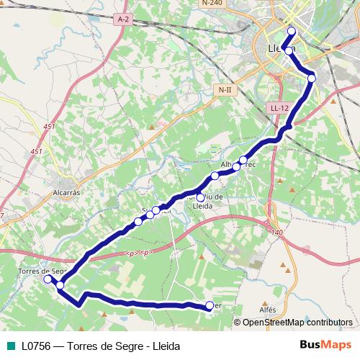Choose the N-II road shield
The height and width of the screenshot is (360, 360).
coord(225,89)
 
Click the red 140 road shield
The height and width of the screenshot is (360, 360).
coord(278,232)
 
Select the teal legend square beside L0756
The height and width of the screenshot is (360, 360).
coord(9,346)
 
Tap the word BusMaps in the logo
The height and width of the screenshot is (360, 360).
coord(320,345)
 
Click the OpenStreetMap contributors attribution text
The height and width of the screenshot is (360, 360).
coord(297,323)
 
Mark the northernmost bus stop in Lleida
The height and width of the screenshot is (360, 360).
coord(292,30)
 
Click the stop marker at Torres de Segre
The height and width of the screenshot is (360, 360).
coord(48,279)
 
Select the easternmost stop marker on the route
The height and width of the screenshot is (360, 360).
coord(311,78)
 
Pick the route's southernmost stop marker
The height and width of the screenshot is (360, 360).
coord(209,305)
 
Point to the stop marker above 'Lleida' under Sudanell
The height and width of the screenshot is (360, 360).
coord(199,197)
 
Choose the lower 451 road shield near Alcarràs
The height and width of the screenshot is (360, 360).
coord(37,151)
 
